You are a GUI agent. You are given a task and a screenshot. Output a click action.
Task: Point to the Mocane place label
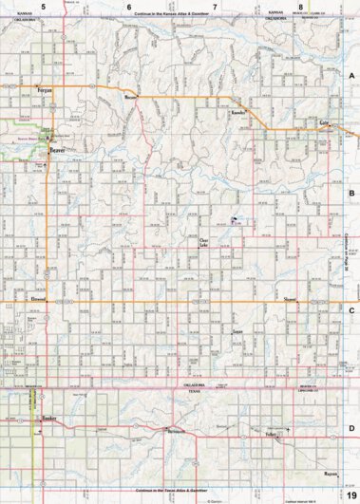coord(132,97)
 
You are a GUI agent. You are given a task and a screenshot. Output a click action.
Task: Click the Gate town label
coord(324,123)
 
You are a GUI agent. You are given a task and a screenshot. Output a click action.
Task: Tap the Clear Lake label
coord(203,243)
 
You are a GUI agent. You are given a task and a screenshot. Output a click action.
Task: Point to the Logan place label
coord(237,332)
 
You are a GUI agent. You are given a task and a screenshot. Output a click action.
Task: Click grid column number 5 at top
coord(42,7)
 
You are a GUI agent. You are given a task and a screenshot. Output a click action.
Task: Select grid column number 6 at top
coord(129,7)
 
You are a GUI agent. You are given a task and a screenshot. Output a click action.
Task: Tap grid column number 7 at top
coord(215,7)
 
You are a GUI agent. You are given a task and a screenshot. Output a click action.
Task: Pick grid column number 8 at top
coord(300,7)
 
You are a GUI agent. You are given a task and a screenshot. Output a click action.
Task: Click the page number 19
coord(351,484)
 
